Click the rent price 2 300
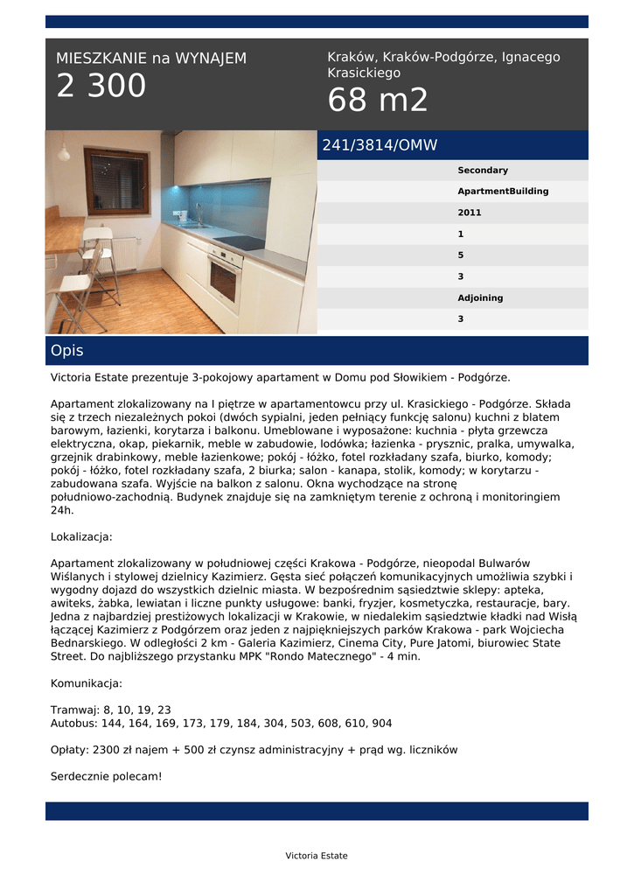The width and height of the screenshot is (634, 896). click(101, 87)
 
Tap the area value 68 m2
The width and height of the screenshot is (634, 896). click(378, 101)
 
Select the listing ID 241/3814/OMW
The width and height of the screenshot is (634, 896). click(380, 145)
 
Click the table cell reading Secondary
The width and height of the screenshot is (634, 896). click(482, 171)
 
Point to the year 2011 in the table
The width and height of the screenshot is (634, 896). click(470, 213)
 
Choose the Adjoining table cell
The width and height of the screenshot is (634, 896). click(480, 297)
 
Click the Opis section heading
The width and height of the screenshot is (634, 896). click(67, 351)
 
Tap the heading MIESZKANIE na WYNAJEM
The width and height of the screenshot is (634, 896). click(151, 59)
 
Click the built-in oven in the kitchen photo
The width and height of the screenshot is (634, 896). click(225, 278)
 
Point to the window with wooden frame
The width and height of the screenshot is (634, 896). click(116, 180)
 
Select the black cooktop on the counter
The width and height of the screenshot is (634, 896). click(239, 242)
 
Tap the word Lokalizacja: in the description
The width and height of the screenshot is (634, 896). click(81, 536)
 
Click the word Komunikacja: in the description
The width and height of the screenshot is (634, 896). click(87, 683)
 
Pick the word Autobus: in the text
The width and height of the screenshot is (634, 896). click(74, 724)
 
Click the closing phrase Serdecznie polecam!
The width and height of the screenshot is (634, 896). click(106, 776)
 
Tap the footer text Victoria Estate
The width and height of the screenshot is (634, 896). click(316, 856)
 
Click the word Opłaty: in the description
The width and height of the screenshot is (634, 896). click(70, 750)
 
